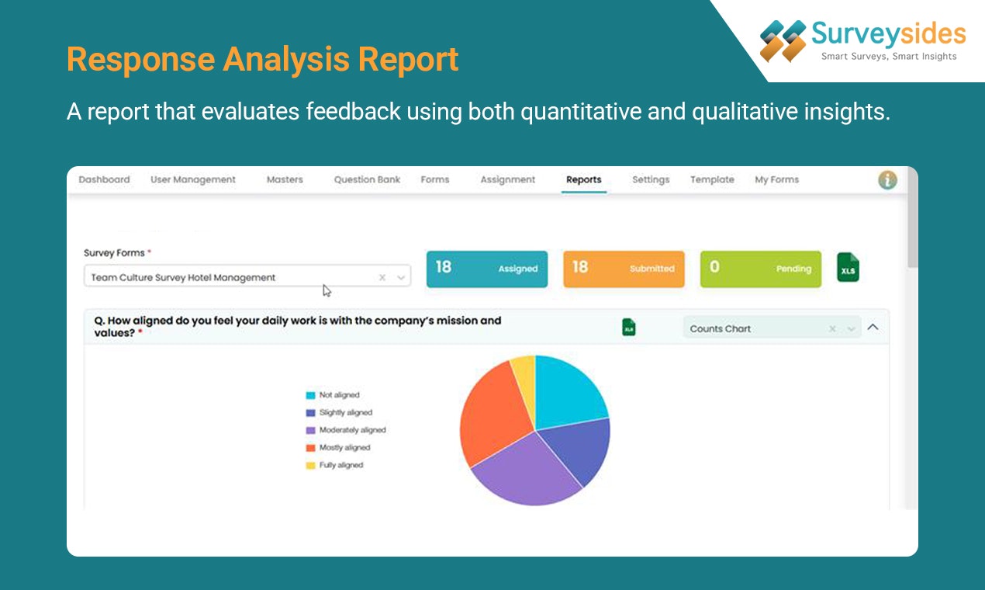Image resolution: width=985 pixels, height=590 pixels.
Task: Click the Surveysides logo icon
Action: click(x=783, y=40)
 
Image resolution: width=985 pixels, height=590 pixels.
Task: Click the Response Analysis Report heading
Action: click(x=262, y=60)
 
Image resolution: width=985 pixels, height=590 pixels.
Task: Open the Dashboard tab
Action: click(x=104, y=179)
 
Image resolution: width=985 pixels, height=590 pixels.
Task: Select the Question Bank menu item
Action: click(x=367, y=179)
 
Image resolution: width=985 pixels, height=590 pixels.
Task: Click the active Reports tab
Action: click(x=583, y=179)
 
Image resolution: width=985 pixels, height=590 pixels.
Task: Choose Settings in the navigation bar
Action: click(x=650, y=179)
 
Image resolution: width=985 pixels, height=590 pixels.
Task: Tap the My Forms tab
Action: click(x=776, y=179)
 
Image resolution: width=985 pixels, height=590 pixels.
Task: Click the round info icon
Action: click(x=887, y=180)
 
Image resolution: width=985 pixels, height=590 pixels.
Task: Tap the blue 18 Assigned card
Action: click(x=486, y=269)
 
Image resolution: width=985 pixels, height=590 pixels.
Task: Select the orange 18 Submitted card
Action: click(x=624, y=269)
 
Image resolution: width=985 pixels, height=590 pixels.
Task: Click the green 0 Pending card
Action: click(x=760, y=269)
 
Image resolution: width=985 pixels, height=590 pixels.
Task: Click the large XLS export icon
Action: click(x=848, y=268)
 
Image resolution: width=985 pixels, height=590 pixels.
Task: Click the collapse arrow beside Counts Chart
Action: click(x=873, y=328)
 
